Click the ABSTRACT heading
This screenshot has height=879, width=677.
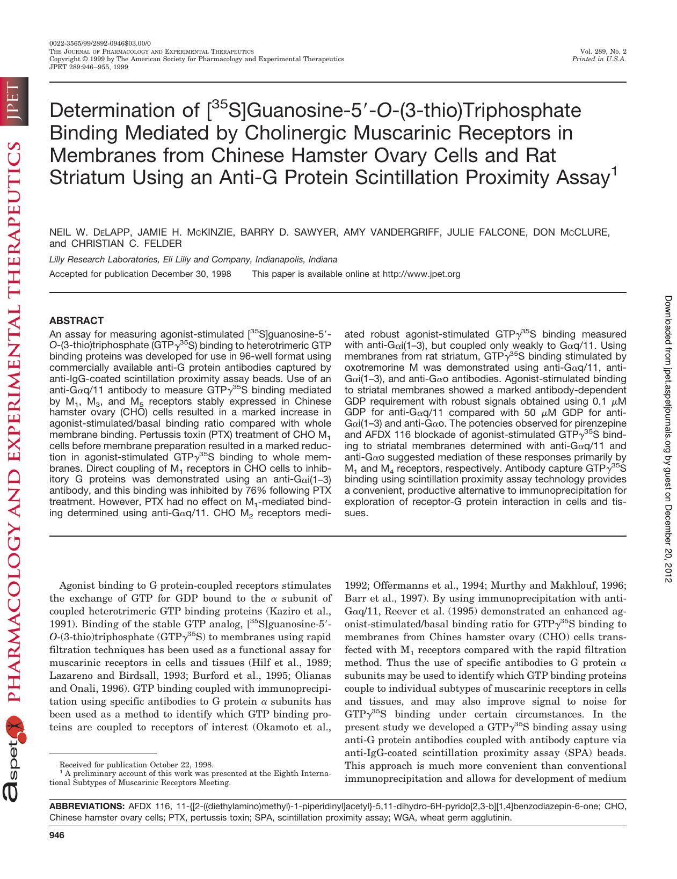click(76, 321)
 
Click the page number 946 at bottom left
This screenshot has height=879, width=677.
click(57, 835)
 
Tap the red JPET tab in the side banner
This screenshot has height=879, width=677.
click(13, 101)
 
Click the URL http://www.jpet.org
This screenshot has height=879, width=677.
click(421, 274)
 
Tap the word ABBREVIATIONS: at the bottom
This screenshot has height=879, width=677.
click(86, 807)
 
